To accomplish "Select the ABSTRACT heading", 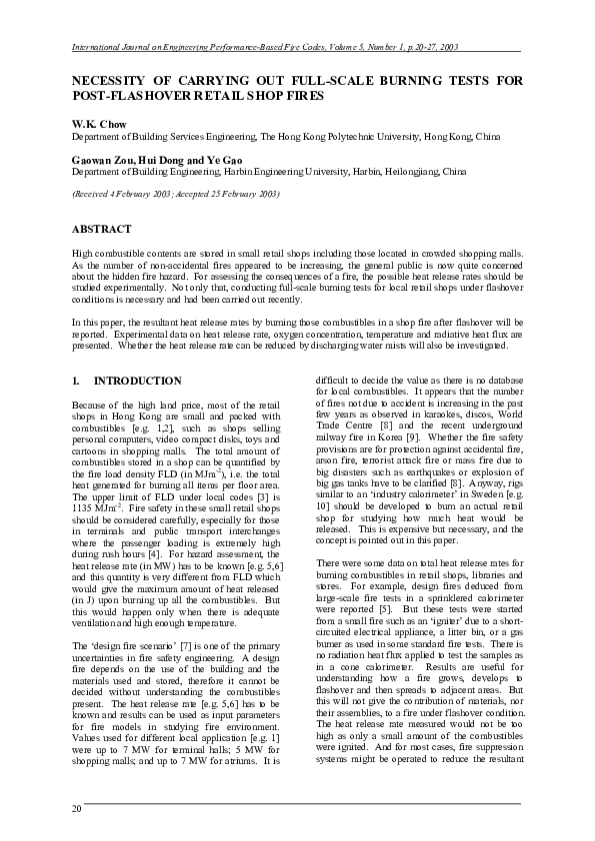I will [x=103, y=229].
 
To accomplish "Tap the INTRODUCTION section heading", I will [x=137, y=381].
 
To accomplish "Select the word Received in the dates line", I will [x=99, y=193].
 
